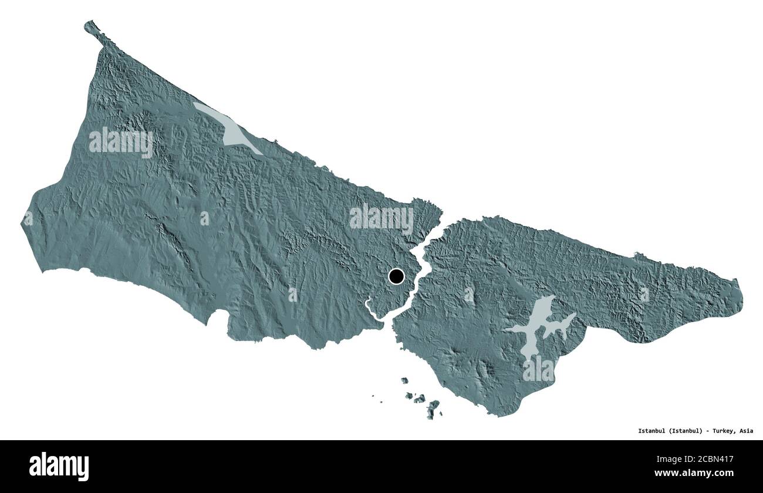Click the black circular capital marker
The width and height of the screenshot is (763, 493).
(x=396, y=276)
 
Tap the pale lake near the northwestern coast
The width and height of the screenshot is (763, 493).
(x=229, y=129)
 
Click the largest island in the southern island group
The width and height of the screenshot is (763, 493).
(x=433, y=407)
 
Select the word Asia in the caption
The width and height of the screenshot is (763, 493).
(x=746, y=431)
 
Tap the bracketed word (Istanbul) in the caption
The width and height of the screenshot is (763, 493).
(x=684, y=431)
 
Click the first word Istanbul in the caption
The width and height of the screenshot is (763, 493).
(x=651, y=431)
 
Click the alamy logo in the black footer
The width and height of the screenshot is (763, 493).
(x=59, y=466)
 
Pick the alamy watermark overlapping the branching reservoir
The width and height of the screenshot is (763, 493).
(x=538, y=370)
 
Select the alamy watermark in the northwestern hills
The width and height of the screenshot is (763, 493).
(x=121, y=142)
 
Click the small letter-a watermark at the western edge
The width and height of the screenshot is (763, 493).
(x=28, y=218)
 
